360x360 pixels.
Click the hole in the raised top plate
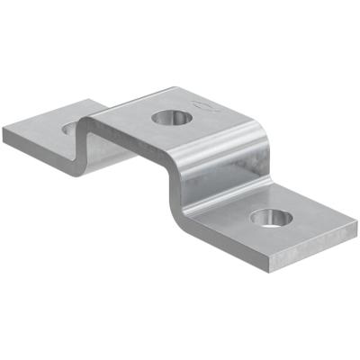166,117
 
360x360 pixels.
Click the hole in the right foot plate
268,216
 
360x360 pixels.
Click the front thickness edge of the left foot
36,154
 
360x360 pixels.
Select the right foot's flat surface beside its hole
306,225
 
